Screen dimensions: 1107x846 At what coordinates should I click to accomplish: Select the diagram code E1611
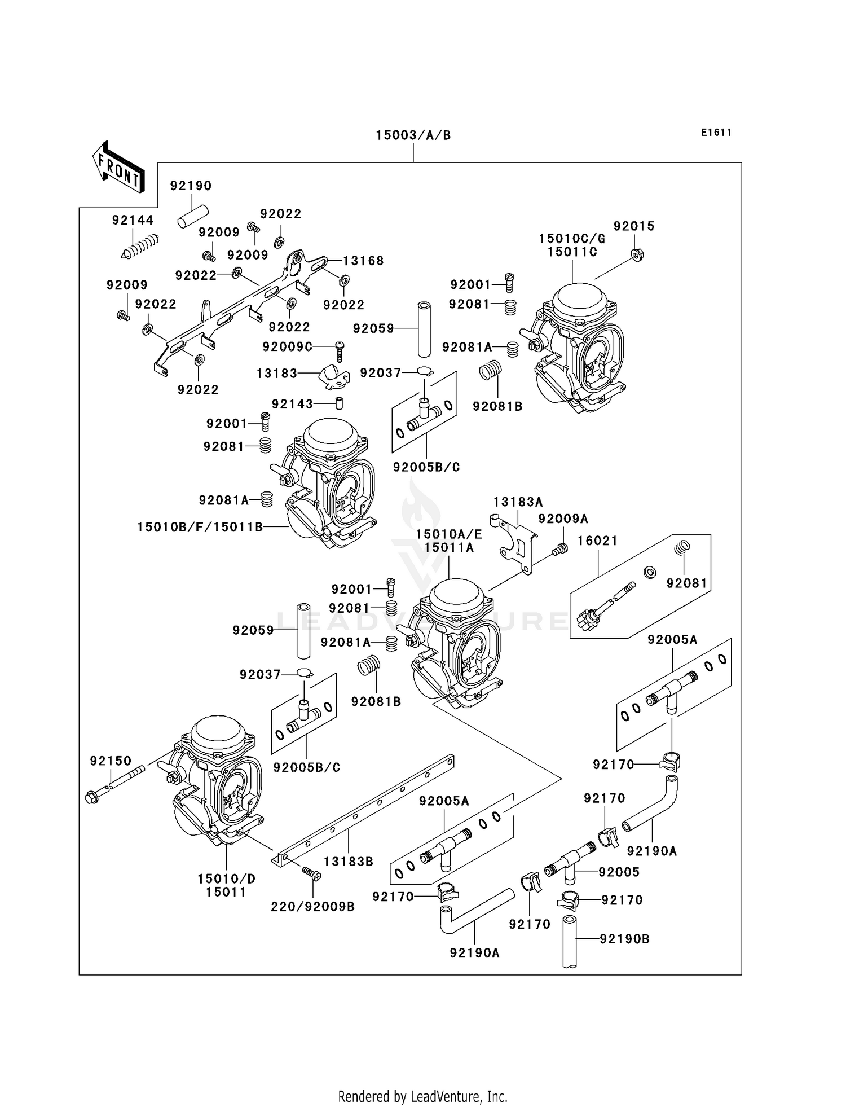(716, 133)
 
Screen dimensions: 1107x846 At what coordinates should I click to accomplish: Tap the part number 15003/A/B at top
(413, 135)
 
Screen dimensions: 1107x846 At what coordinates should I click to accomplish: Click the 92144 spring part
(140, 247)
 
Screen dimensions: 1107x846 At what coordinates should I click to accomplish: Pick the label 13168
(363, 261)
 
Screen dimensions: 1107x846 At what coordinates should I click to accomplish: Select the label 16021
(598, 541)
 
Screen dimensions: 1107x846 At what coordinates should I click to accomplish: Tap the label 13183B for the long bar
(349, 862)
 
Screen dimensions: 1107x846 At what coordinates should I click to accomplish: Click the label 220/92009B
(312, 907)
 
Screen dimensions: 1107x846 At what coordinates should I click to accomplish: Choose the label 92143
(292, 404)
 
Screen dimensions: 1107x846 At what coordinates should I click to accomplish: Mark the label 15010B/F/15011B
(200, 527)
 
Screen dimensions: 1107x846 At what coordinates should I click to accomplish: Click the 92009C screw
(340, 351)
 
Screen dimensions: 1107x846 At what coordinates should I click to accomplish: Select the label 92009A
(563, 519)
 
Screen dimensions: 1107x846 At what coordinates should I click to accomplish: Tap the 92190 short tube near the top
(193, 217)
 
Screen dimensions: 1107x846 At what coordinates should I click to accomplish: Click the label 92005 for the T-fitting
(619, 872)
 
